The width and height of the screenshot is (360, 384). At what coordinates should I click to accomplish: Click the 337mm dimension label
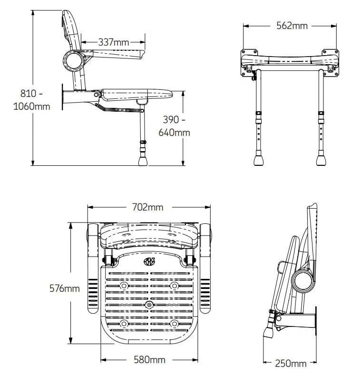click(114, 42)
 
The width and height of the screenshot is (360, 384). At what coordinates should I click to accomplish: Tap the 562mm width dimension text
click(292, 26)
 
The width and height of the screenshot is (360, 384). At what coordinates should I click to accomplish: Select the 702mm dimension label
click(148, 207)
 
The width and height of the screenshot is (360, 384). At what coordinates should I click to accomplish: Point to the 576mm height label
click(65, 288)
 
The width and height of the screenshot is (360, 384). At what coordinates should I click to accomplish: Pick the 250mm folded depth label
click(291, 364)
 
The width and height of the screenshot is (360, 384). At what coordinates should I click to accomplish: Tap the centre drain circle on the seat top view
click(149, 304)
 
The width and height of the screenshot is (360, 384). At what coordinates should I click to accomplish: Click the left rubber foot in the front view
click(259, 158)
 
